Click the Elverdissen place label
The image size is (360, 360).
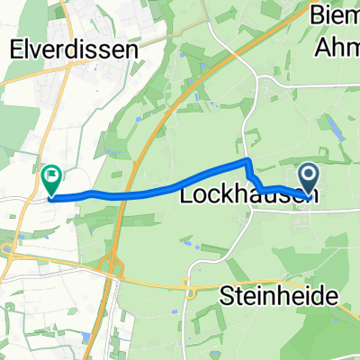click(x=74, y=51)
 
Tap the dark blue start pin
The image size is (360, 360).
click(x=308, y=176)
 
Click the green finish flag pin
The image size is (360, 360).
click(x=52, y=178)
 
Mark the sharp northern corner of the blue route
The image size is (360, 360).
click(x=247, y=161)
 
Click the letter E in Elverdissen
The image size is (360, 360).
click(x=14, y=51)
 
